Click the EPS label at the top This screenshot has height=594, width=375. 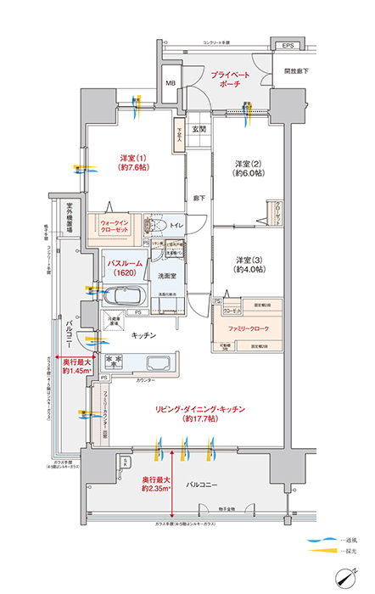(287, 45)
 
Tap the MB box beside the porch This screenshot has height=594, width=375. (171, 83)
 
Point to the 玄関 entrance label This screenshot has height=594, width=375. (199, 129)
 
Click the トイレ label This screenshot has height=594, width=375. (177, 226)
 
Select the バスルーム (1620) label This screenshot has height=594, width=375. (123, 269)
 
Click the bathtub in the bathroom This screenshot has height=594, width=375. (125, 299)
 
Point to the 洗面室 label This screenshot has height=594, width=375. (166, 277)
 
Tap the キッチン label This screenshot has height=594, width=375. (143, 336)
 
